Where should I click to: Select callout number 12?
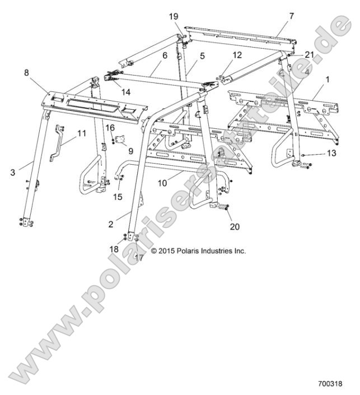point(237,55)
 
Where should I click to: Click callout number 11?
point(81,134)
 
